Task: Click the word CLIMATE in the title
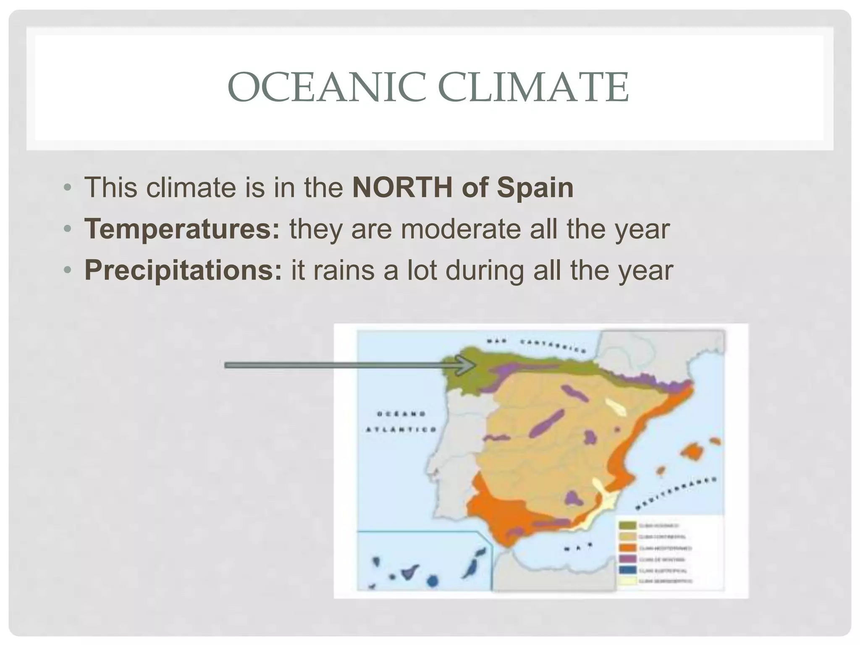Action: [533, 88]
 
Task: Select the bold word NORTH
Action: [402, 187]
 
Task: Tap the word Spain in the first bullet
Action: [535, 187]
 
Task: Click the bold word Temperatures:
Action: [182, 229]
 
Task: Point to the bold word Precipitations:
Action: [184, 270]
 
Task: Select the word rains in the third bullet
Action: [343, 270]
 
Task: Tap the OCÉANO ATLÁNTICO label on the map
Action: [401, 422]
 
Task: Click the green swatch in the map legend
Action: [627, 525]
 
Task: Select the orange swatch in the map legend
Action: [627, 548]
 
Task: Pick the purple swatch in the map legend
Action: [627, 559]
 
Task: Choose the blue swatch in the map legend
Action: [627, 570]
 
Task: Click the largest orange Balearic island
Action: [693, 453]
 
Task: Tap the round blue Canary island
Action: [432, 581]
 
